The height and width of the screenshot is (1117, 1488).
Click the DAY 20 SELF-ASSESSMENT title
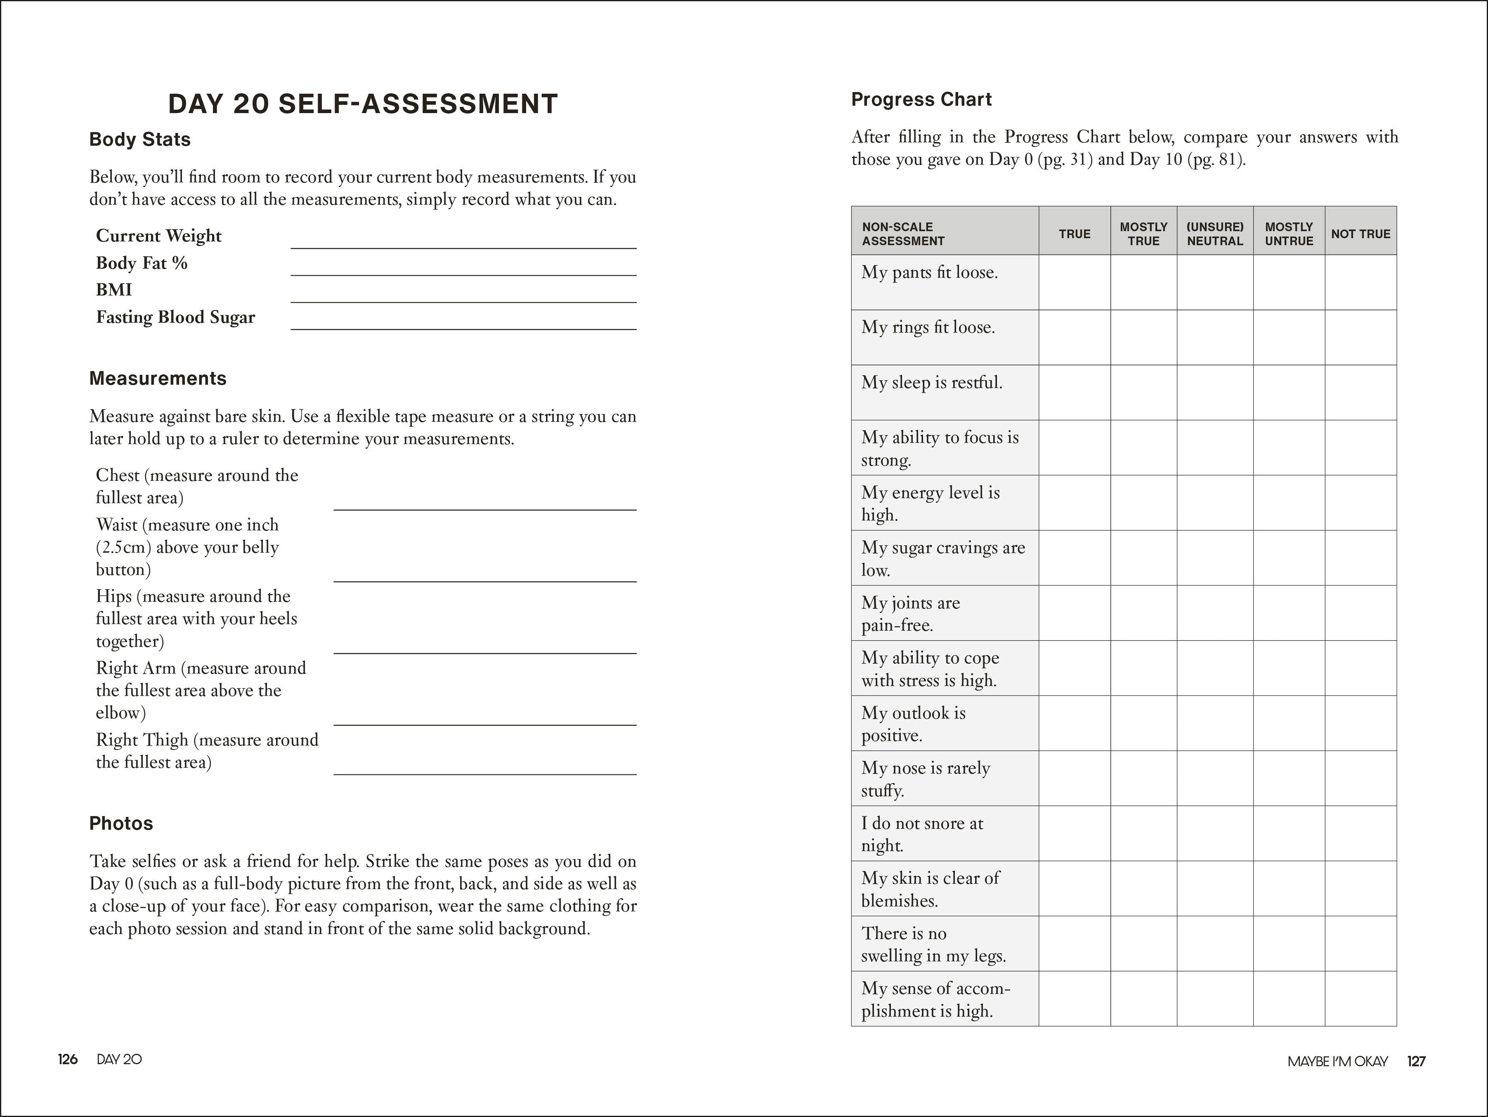coord(363,104)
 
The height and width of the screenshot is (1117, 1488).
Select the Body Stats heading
coord(140,139)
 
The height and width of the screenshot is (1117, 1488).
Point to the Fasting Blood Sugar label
coord(175,317)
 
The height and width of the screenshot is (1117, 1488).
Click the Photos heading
coord(121,823)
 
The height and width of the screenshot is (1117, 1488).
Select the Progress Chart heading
coord(921,99)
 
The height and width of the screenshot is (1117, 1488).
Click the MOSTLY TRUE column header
coord(1143,234)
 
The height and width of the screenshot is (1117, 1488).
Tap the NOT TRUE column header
coord(1360,234)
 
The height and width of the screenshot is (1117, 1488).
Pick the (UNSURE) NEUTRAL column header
coord(1214,234)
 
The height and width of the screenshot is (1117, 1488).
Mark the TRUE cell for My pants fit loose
coord(1074,282)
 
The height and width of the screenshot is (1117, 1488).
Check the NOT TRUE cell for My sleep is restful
coord(1360,392)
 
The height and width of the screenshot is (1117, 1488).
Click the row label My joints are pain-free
coord(911,613)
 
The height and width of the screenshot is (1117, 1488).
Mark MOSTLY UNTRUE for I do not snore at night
coord(1288,833)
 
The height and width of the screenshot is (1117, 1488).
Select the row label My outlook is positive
coord(913,723)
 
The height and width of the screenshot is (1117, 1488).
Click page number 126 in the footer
coord(67,1059)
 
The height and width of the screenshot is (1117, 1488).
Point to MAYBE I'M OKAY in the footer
coord(1337,1061)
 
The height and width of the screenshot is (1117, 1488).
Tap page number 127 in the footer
coord(1416,1061)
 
